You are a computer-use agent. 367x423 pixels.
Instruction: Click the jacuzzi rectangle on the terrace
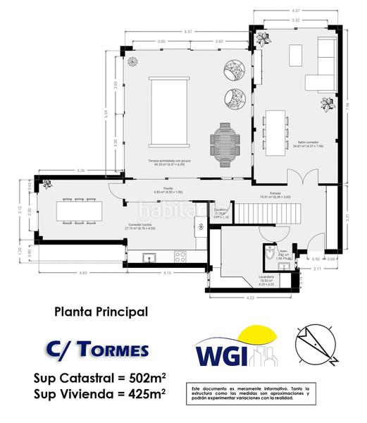tap(167, 114)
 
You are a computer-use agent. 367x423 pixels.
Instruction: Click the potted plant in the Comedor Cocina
tap(47, 185)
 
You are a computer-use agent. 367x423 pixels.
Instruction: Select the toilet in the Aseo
tap(270, 256)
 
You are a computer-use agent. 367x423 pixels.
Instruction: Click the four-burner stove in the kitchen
tap(180, 257)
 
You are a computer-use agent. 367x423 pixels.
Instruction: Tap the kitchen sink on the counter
tap(150, 257)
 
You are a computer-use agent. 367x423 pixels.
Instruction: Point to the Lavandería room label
tap(266, 277)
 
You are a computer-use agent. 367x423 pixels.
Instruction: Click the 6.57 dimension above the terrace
tap(187, 32)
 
